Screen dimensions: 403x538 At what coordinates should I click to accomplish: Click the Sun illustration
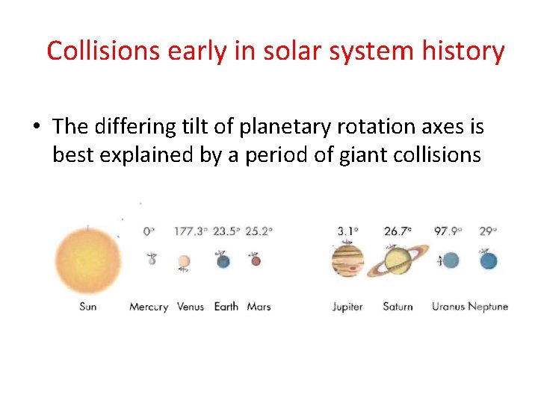[x=87, y=260]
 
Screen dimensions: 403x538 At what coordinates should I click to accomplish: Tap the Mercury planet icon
[x=152, y=260]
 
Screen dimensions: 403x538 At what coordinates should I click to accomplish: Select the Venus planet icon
[x=184, y=262]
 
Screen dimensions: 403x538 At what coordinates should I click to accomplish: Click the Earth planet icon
[x=223, y=260]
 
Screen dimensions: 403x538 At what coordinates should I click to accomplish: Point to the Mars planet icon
[x=256, y=260]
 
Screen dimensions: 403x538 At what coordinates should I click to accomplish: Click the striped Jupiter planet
[x=347, y=260]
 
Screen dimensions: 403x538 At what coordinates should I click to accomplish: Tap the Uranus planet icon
[x=450, y=260]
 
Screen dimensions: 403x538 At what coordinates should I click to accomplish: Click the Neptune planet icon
[x=488, y=260]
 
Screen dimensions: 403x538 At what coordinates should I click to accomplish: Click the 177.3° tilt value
[x=190, y=231]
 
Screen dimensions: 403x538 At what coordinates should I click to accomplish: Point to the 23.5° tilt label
[x=226, y=231]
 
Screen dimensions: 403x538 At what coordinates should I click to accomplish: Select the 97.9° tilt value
[x=450, y=231]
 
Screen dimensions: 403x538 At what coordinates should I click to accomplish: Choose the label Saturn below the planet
[x=398, y=307]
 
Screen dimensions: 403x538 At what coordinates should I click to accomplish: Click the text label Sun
[x=87, y=307]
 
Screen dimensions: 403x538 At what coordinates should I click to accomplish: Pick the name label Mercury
[x=149, y=307]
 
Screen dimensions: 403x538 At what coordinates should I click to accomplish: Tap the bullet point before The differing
[x=37, y=127]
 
